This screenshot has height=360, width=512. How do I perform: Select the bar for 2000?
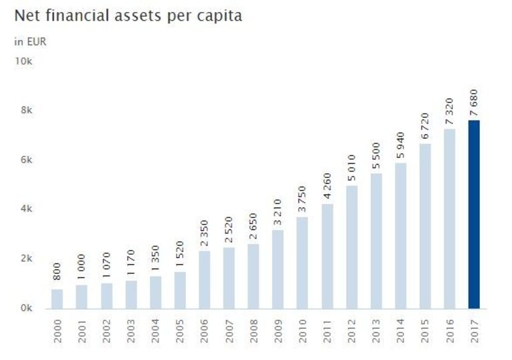point(57,299)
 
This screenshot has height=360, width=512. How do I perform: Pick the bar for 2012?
point(351,247)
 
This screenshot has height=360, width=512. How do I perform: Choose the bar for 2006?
point(205,280)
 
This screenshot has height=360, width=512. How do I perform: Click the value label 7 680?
point(474,103)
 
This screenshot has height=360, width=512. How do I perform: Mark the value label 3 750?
point(303,199)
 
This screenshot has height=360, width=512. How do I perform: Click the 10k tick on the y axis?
point(24,61)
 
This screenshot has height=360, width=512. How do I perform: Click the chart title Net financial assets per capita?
point(128,15)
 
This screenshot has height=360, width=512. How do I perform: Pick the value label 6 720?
point(425,127)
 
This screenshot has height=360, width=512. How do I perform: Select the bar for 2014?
point(401,237)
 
